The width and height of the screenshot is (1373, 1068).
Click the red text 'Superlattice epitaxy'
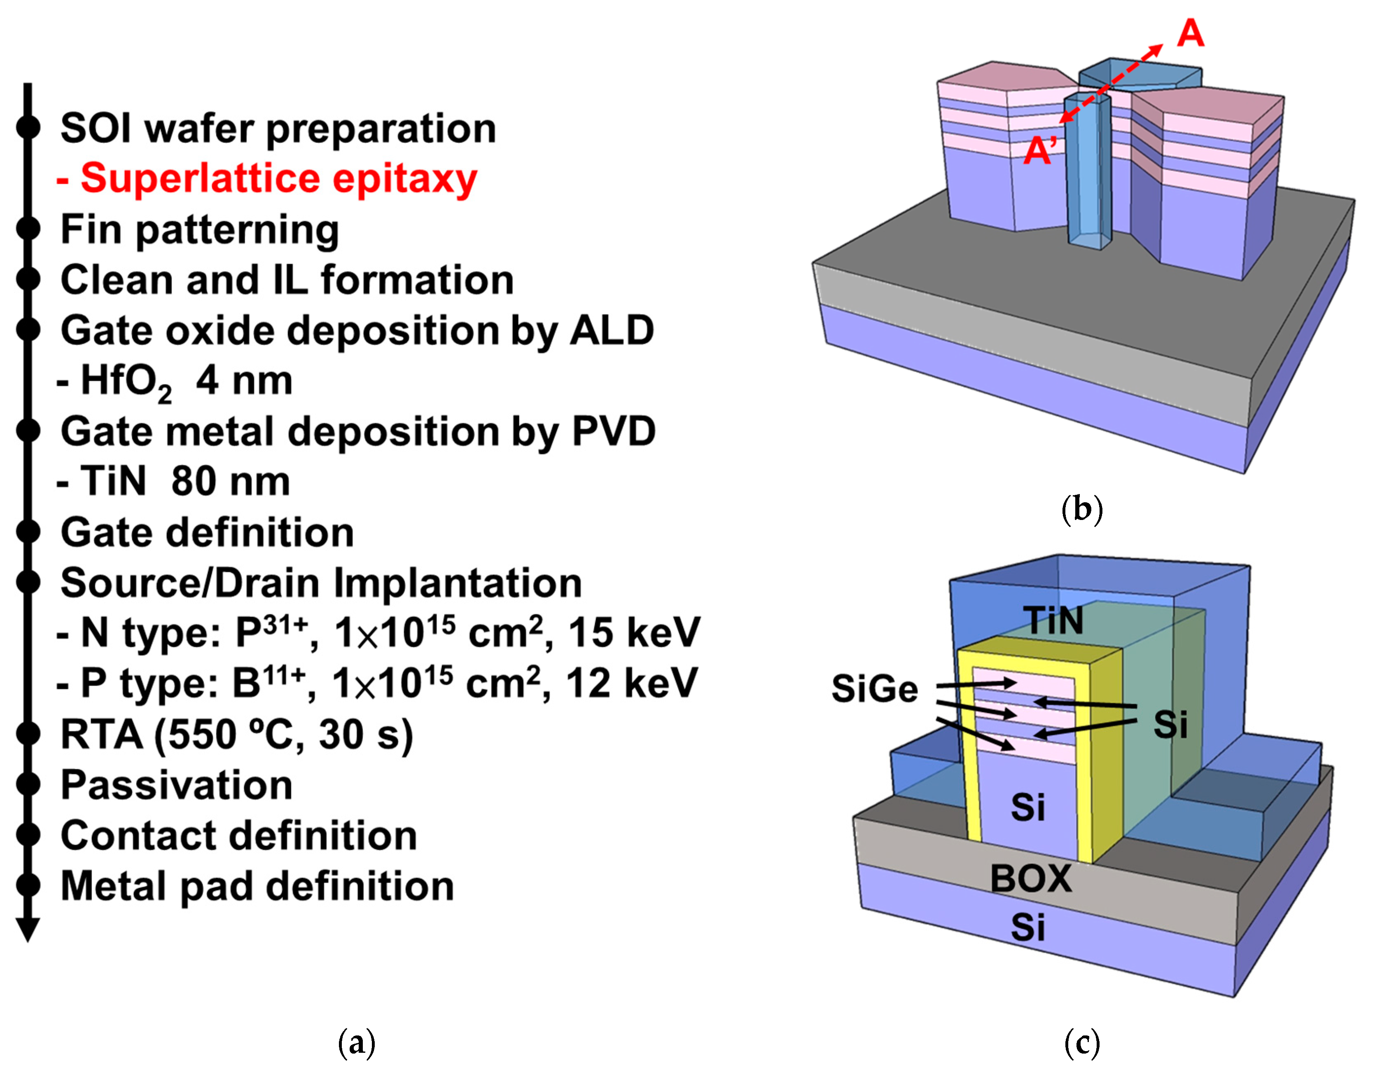point(278,179)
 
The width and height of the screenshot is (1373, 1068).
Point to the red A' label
point(1040,150)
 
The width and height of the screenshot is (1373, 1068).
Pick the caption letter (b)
point(1081,508)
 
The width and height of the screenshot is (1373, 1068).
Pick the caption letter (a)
point(357,1042)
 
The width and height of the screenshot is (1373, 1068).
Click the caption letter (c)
point(1081,1042)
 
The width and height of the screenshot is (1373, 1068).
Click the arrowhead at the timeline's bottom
point(28,930)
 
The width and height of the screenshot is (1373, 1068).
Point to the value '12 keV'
point(631,683)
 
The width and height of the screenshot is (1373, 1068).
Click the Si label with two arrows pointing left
point(1170,724)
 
